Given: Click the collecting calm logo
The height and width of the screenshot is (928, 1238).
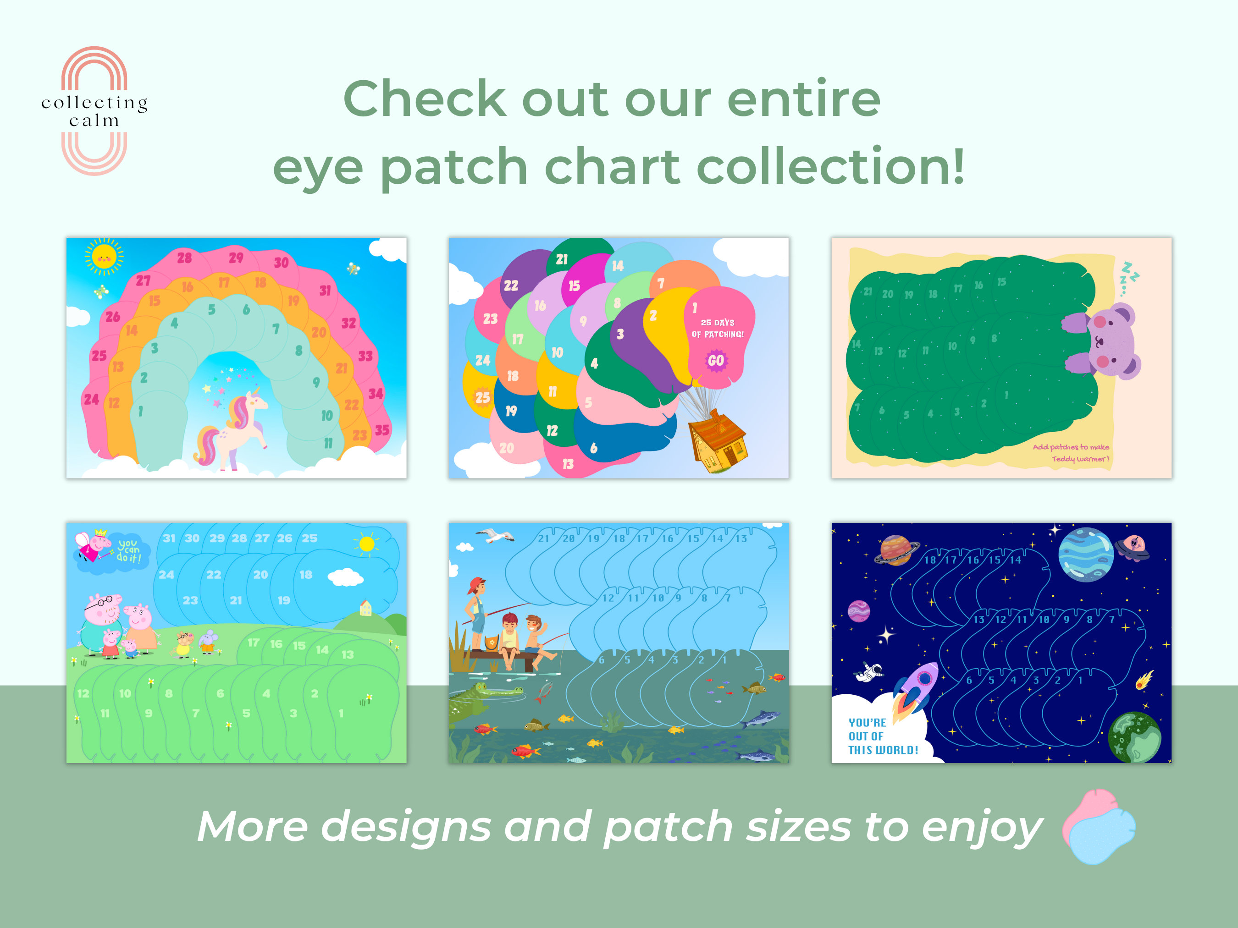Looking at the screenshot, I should pyautogui.click(x=94, y=111).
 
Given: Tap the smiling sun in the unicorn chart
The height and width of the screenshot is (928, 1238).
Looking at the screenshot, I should pyautogui.click(x=104, y=257).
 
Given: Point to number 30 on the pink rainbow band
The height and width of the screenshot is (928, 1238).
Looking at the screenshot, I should pyautogui.click(x=281, y=262).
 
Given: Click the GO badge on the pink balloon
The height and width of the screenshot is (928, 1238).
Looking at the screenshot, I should pyautogui.click(x=716, y=361).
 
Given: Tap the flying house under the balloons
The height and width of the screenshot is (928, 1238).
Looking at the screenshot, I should pyautogui.click(x=718, y=441).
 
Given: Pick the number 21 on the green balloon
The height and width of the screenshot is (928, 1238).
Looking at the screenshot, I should pyautogui.click(x=561, y=259).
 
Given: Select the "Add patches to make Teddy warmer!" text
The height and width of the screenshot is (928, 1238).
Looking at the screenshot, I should pyautogui.click(x=1071, y=453).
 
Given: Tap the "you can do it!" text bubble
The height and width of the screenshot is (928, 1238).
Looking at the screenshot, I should pyautogui.click(x=128, y=550).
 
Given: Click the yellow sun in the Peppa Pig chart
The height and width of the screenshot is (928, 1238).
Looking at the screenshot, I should pyautogui.click(x=367, y=543).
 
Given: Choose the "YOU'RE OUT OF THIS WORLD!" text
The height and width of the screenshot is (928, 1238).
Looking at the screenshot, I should pyautogui.click(x=883, y=736).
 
